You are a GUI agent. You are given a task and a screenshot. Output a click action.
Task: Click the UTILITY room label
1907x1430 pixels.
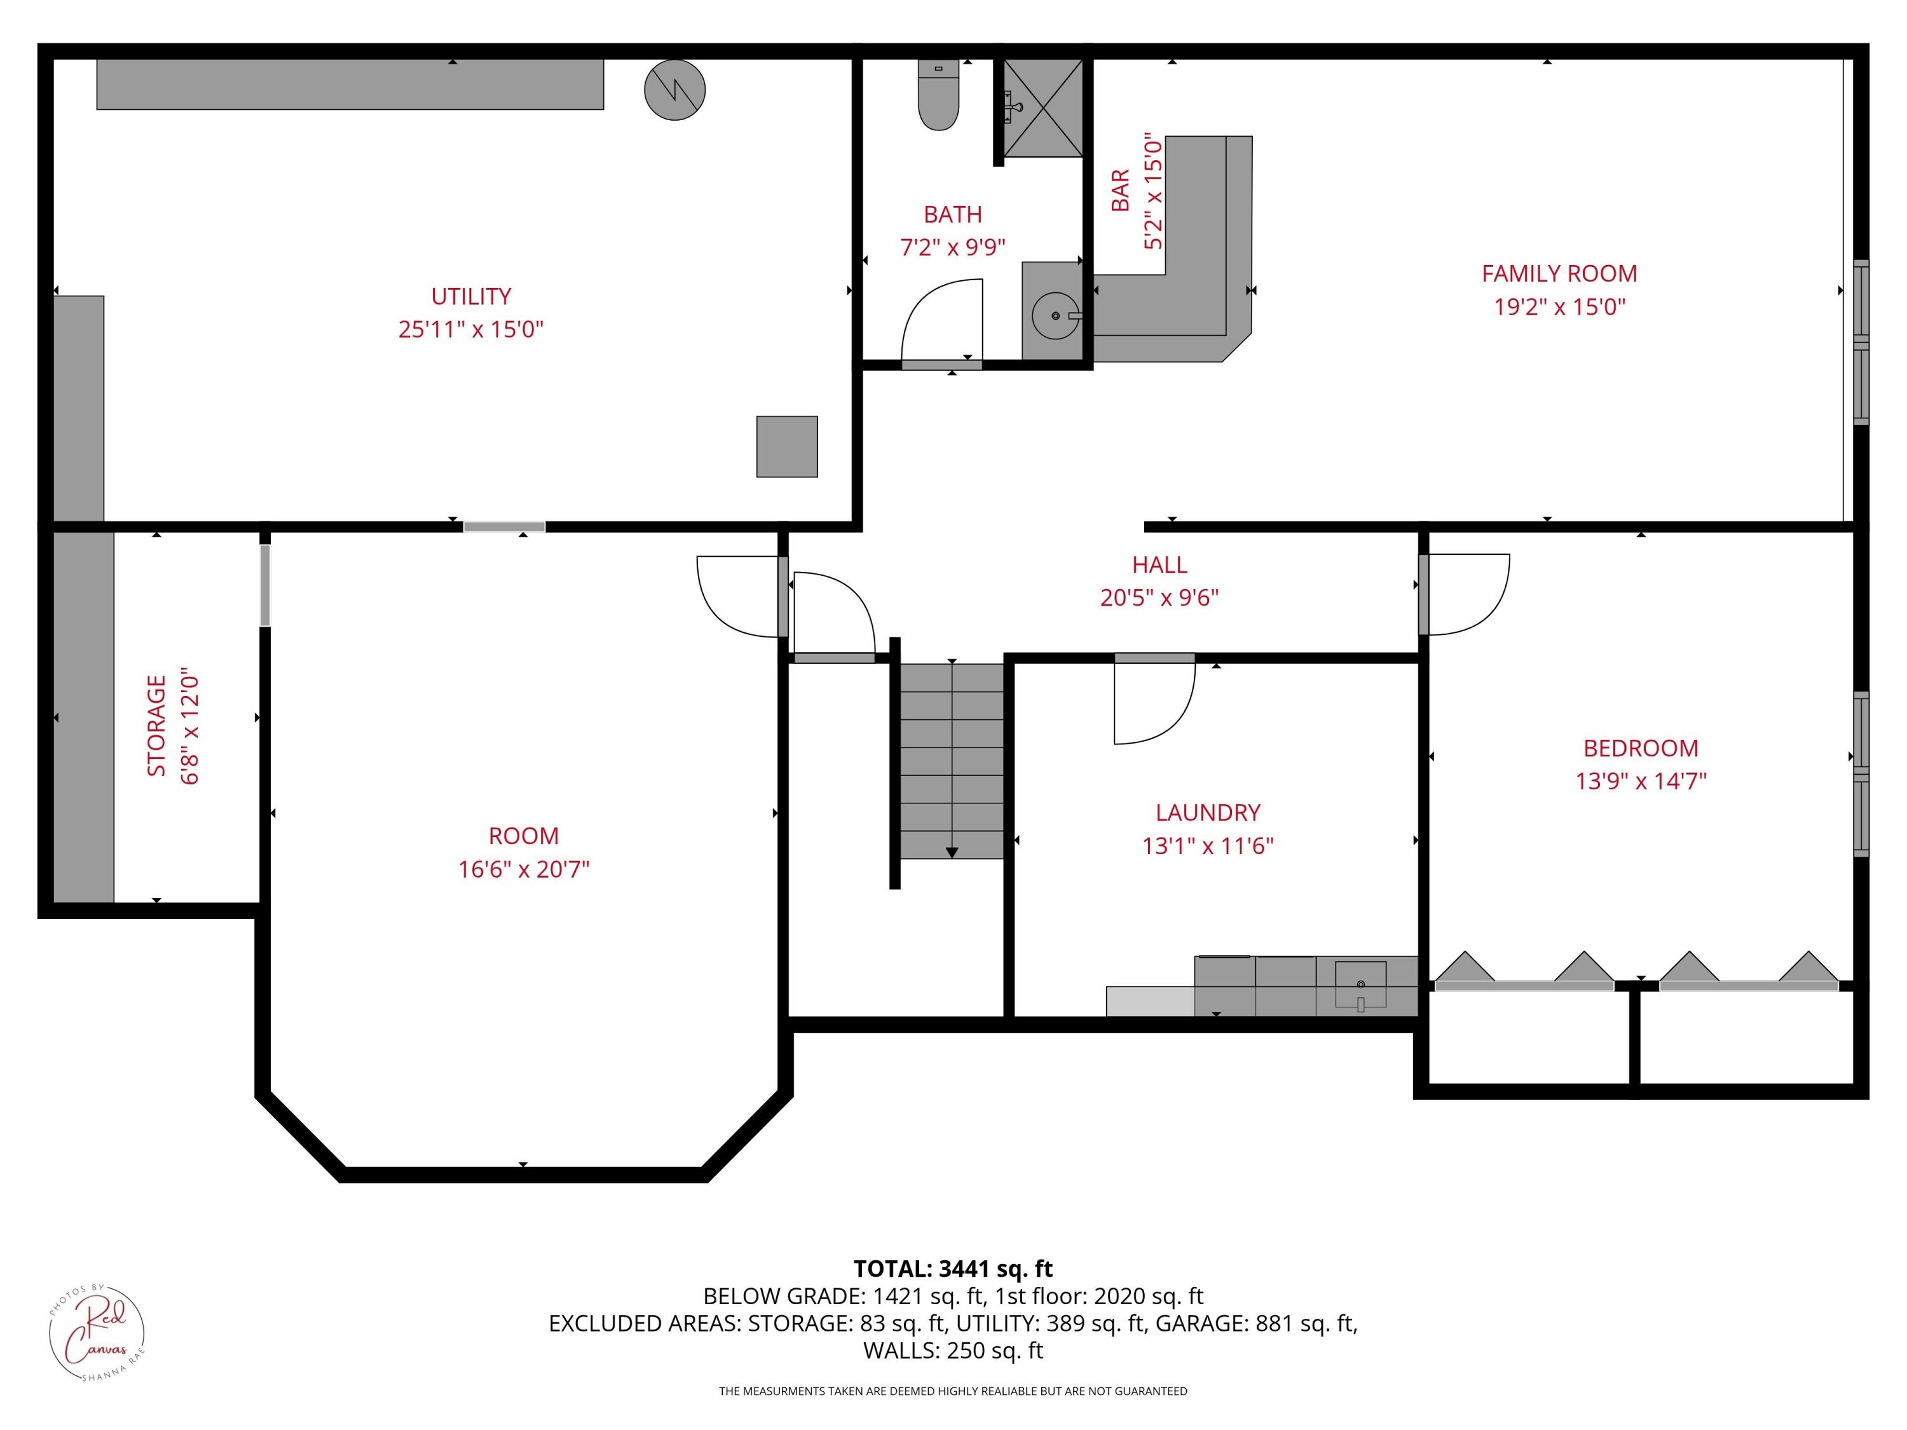coord(471,297)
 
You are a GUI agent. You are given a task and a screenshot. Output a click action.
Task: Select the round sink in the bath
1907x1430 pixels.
coord(1055,315)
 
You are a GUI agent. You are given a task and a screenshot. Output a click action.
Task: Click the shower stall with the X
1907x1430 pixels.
coord(1043,108)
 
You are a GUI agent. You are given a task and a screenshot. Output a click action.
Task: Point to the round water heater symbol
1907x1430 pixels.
coord(674,90)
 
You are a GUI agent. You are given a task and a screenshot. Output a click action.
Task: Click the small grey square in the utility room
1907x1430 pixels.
coord(786,447)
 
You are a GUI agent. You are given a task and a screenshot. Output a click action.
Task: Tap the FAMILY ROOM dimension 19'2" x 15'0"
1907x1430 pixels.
coord(1559,307)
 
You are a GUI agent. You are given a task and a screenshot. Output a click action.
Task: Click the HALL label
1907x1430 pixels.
coord(1159,564)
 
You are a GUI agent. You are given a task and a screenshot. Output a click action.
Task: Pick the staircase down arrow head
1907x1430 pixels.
coord(952,852)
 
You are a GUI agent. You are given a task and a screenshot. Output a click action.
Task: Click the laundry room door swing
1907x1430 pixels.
coord(1152,702)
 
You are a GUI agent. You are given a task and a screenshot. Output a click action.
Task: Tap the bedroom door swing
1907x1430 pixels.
coord(1466,595)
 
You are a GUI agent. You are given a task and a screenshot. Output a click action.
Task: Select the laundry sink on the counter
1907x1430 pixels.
coord(1360,984)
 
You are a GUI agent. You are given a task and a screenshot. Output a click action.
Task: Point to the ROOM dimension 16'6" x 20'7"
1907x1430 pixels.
coord(523,869)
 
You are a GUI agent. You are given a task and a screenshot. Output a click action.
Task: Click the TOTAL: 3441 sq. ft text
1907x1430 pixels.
coord(953,1269)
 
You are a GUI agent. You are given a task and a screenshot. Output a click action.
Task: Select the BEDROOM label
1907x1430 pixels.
coord(1641,748)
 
